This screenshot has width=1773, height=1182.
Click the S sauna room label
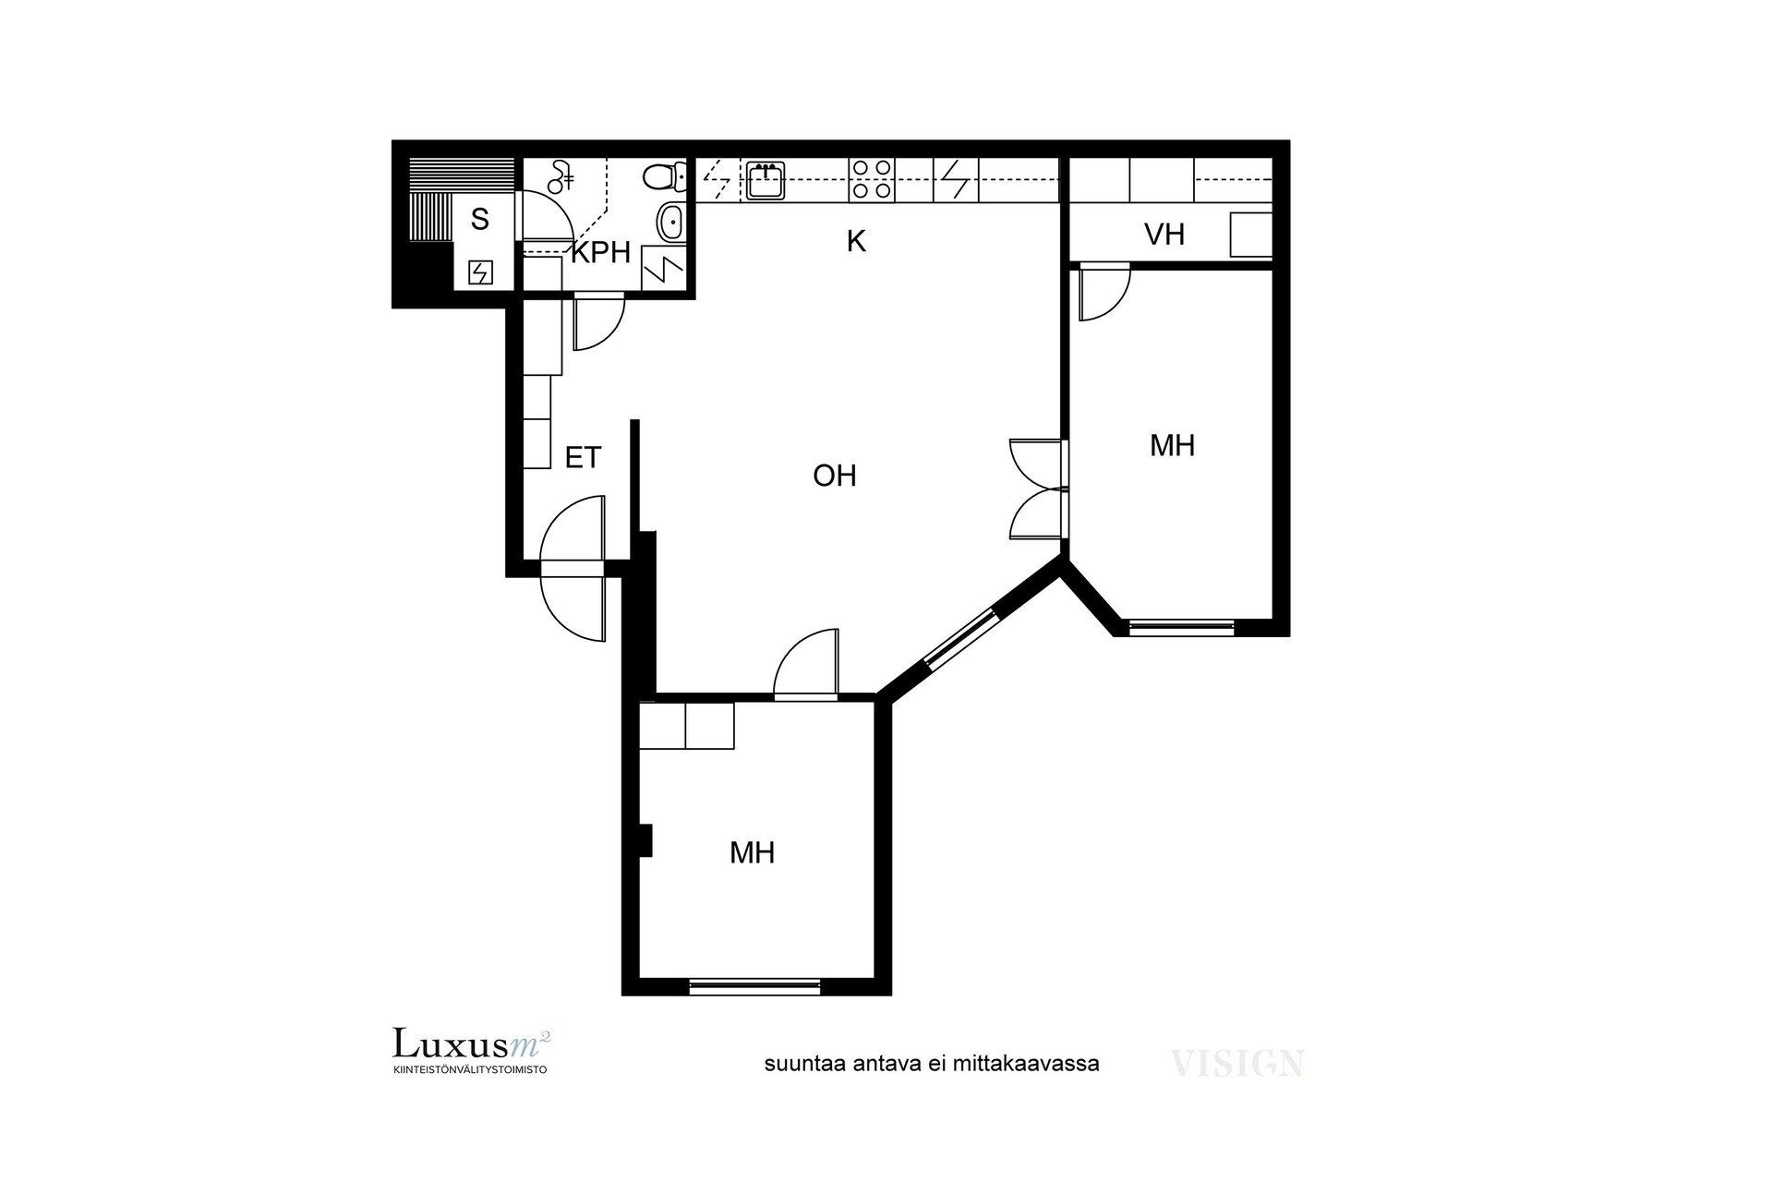click(x=479, y=220)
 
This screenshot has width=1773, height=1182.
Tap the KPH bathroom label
click(x=600, y=252)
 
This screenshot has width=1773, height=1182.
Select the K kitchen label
click(x=856, y=242)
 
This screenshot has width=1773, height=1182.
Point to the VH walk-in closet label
click(x=1164, y=235)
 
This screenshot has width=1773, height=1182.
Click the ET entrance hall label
click(x=583, y=457)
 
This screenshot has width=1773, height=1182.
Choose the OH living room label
click(x=835, y=476)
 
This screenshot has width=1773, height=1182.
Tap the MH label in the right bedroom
click(x=1173, y=446)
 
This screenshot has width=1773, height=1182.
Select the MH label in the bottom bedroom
click(x=752, y=852)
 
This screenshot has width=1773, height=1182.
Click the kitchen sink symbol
click(x=766, y=180)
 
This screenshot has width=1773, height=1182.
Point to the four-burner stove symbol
click(x=872, y=179)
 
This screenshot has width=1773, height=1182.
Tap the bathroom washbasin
click(x=671, y=223)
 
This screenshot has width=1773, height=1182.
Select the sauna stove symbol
click(x=480, y=272)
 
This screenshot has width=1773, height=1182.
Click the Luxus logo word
click(x=450, y=1043)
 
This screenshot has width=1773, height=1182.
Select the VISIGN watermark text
click(x=1237, y=1064)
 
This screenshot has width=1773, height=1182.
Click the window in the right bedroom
click(x=1182, y=628)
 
